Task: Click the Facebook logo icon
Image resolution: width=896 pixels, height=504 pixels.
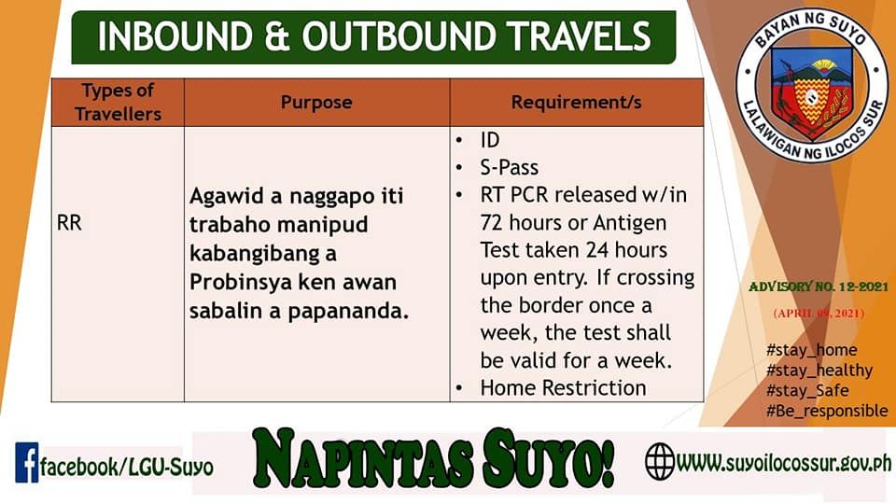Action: (x=27, y=462)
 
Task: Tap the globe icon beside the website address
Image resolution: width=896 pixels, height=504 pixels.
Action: (x=660, y=461)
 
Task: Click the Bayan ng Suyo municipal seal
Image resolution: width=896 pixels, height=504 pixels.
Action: (x=811, y=86)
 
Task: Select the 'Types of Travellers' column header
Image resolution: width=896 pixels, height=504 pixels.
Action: (x=118, y=103)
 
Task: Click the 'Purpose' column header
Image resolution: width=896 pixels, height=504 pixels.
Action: (x=316, y=103)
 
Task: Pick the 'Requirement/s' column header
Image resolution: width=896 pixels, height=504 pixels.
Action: (x=576, y=103)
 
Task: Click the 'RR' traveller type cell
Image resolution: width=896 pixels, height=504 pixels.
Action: (x=69, y=223)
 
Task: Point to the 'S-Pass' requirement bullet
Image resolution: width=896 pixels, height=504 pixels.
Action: (x=510, y=167)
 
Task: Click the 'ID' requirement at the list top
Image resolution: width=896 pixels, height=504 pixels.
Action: (x=490, y=140)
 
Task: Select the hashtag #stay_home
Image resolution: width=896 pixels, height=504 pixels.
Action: (x=811, y=350)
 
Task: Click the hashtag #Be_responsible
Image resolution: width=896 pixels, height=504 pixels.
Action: (x=827, y=411)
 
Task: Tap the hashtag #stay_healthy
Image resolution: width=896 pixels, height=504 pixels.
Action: (x=819, y=371)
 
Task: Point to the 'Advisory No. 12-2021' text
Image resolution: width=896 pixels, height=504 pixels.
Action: (x=819, y=287)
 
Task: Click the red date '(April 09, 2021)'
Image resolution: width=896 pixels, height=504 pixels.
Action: (x=819, y=314)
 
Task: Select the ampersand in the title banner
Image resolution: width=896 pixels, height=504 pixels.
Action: (x=277, y=36)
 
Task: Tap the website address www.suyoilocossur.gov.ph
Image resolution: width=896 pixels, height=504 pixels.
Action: (x=784, y=462)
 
